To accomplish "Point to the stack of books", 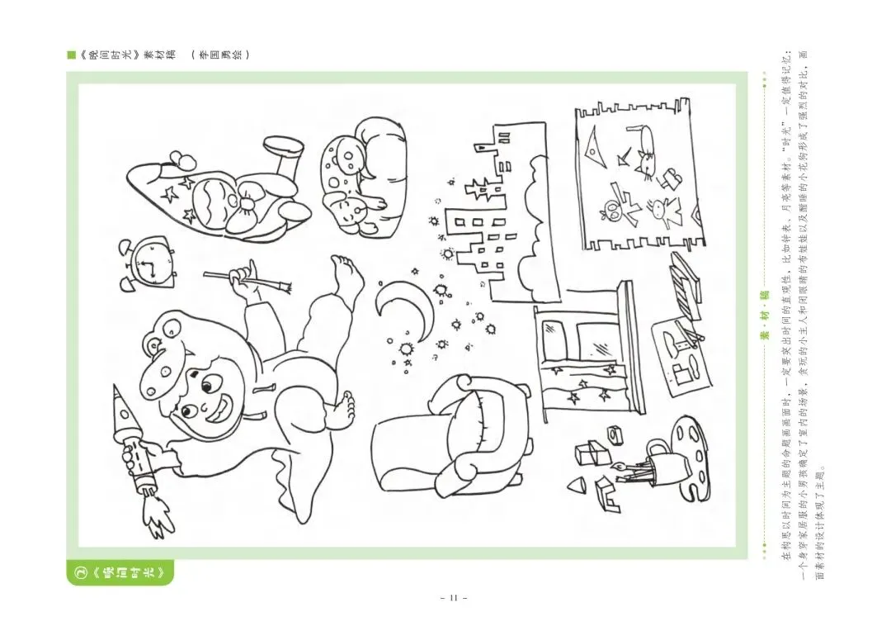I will [685, 277].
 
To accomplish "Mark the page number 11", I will [453, 597].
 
